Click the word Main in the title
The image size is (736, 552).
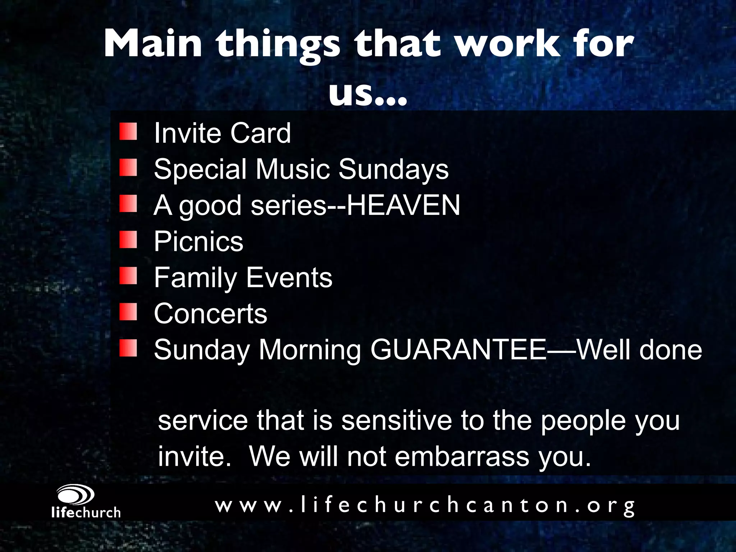[x=153, y=45]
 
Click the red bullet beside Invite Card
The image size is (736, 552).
[x=128, y=132]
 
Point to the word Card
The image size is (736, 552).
[x=260, y=133]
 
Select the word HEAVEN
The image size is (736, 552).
[x=403, y=205]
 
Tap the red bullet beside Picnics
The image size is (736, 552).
[x=128, y=240]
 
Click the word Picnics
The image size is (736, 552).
[x=198, y=241]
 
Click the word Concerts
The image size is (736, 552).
[x=211, y=313]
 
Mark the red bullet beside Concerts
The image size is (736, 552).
[x=128, y=312]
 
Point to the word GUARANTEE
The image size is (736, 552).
[x=458, y=350]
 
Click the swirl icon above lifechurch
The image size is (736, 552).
[x=76, y=495]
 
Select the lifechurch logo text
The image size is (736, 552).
[x=86, y=512]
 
